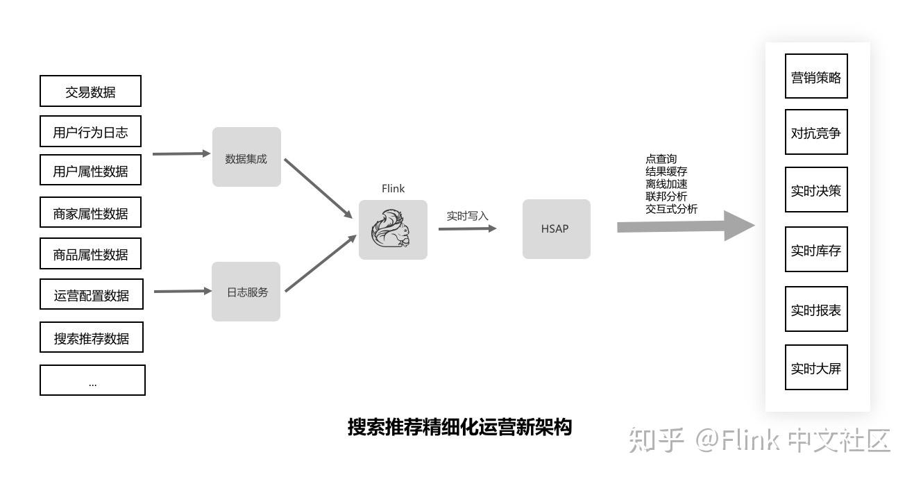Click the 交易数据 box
[x=90, y=92]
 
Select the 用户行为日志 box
[x=90, y=132]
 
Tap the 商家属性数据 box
[x=90, y=212]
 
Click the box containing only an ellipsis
[x=92, y=380]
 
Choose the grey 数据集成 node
[x=246, y=158]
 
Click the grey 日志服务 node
[x=246, y=292]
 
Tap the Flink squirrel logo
[x=391, y=229]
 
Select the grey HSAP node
[x=556, y=229]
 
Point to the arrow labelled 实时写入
[x=467, y=228]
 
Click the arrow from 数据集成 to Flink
[x=319, y=188]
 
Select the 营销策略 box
[x=816, y=77]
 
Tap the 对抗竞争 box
[x=816, y=132]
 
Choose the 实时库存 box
[x=816, y=250]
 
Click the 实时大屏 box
[x=816, y=367]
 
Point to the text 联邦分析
[x=666, y=196]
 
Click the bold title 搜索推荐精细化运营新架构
[x=459, y=426]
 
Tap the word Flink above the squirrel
[x=393, y=188]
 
